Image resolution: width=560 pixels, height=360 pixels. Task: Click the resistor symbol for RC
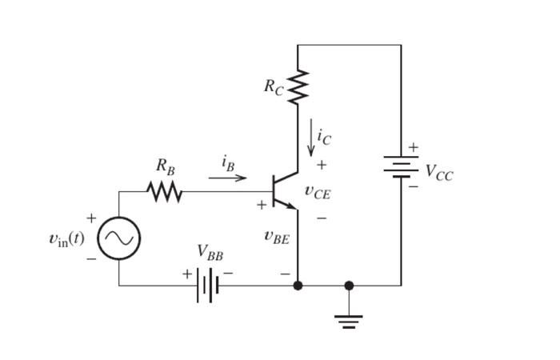[298, 86]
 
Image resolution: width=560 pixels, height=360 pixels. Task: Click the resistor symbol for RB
[164, 192]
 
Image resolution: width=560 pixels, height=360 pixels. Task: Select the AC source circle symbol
[119, 238]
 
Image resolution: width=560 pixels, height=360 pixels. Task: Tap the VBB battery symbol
[207, 286]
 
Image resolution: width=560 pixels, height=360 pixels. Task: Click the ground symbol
[349, 321]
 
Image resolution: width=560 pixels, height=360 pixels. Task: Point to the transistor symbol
[282, 191]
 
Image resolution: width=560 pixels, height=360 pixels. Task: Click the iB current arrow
[228, 178]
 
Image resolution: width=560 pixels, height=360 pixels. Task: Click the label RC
[274, 87]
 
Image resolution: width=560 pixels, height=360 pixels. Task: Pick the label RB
[165, 167]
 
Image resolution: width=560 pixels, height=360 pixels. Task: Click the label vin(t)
[66, 238]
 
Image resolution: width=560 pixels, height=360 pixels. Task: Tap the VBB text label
[210, 254]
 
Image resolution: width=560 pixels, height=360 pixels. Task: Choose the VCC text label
[438, 172]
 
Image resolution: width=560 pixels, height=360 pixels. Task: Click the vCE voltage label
[318, 192]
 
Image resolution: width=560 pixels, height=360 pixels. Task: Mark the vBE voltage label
[277, 237]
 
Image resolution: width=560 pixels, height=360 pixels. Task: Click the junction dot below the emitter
[298, 286]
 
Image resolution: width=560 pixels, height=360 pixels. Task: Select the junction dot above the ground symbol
[349, 286]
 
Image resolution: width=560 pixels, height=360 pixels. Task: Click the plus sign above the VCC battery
[413, 147]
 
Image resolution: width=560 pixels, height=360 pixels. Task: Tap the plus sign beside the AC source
[91, 218]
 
